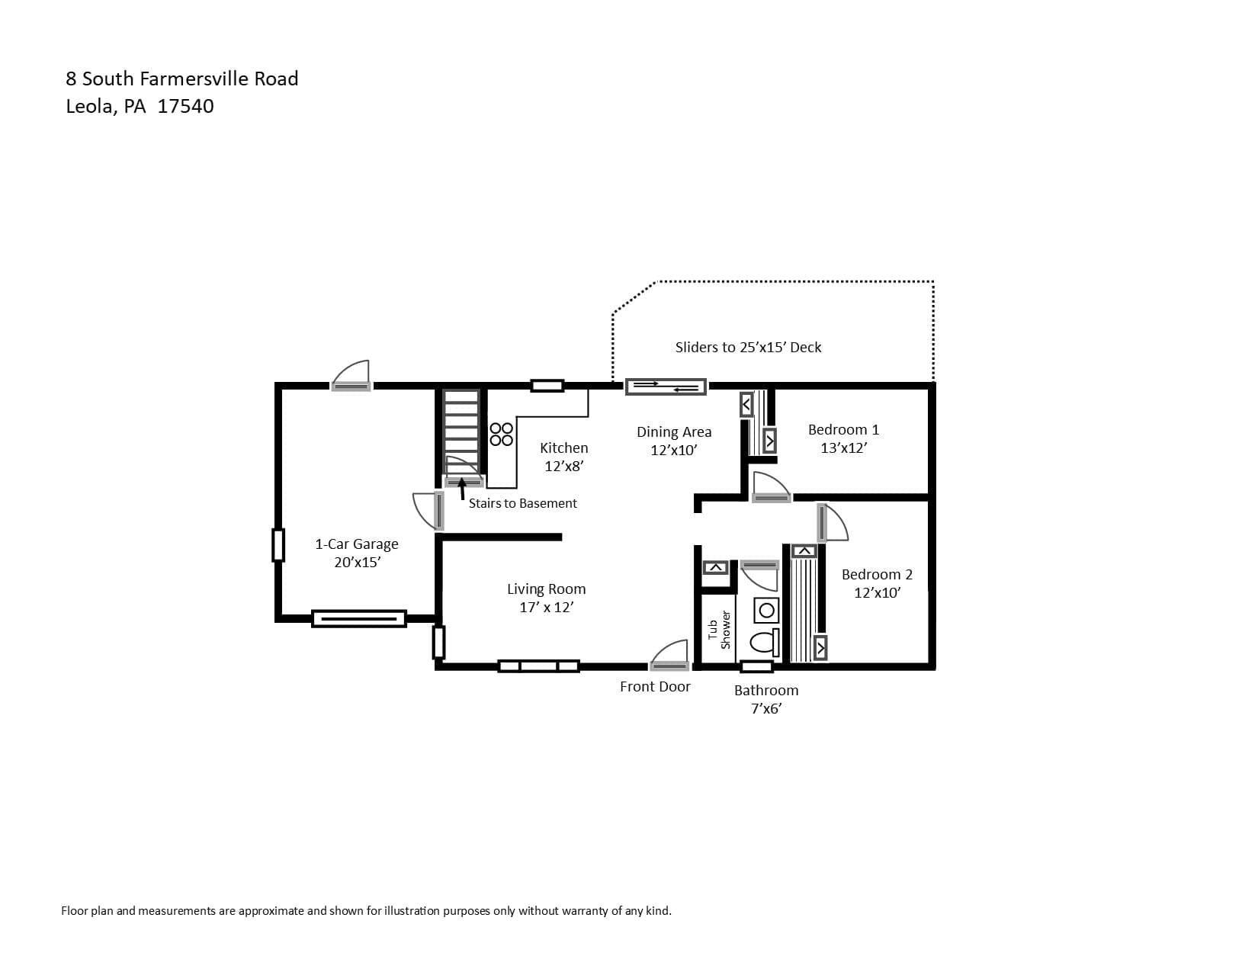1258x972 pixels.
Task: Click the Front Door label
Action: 655,687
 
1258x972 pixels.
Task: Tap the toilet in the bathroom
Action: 765,641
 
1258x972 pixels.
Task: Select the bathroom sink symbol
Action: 766,610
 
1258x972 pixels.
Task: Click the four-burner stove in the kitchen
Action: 502,435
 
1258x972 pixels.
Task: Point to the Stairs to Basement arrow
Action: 462,489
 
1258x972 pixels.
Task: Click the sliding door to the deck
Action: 665,387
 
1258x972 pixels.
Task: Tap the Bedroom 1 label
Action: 843,429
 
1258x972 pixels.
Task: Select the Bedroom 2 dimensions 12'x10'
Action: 877,593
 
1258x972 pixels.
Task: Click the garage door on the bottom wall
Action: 359,619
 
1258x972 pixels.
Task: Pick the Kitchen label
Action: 564,448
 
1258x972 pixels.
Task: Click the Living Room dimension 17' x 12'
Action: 547,608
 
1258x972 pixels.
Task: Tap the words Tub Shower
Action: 719,630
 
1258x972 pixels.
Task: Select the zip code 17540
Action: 185,107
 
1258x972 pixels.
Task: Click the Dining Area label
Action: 674,431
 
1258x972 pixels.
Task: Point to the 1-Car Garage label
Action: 357,544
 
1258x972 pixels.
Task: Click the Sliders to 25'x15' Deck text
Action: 748,348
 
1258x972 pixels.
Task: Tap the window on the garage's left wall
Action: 278,545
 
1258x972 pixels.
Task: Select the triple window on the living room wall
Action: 538,666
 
